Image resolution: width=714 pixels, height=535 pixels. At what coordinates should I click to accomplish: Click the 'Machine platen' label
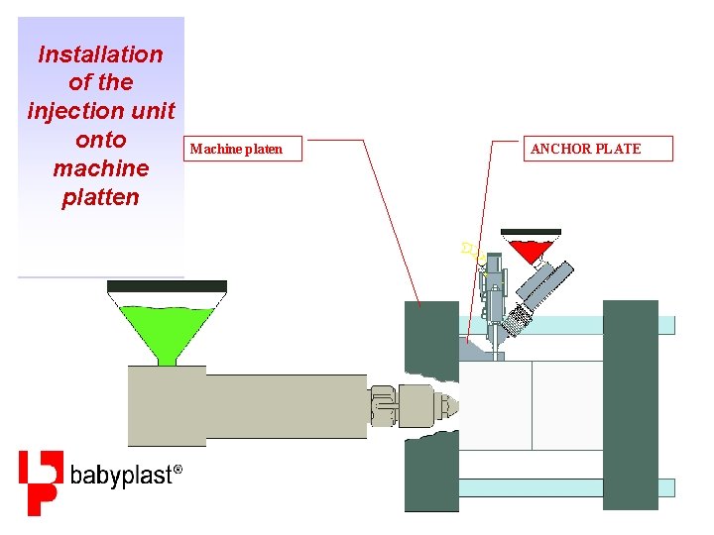(236, 149)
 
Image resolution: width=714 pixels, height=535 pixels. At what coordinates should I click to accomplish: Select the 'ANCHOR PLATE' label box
(585, 149)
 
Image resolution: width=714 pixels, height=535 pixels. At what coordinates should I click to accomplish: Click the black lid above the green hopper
(167, 286)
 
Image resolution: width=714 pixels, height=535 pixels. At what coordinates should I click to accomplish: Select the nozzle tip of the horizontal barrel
(449, 404)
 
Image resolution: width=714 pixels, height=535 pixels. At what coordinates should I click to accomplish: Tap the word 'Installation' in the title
(100, 54)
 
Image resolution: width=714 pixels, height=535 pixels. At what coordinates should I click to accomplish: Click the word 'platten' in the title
(100, 196)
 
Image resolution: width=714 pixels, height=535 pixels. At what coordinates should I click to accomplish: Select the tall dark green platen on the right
(630, 404)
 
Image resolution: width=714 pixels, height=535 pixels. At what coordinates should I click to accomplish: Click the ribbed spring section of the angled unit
(519, 315)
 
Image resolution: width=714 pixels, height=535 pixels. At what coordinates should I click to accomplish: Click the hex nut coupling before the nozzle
(385, 405)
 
